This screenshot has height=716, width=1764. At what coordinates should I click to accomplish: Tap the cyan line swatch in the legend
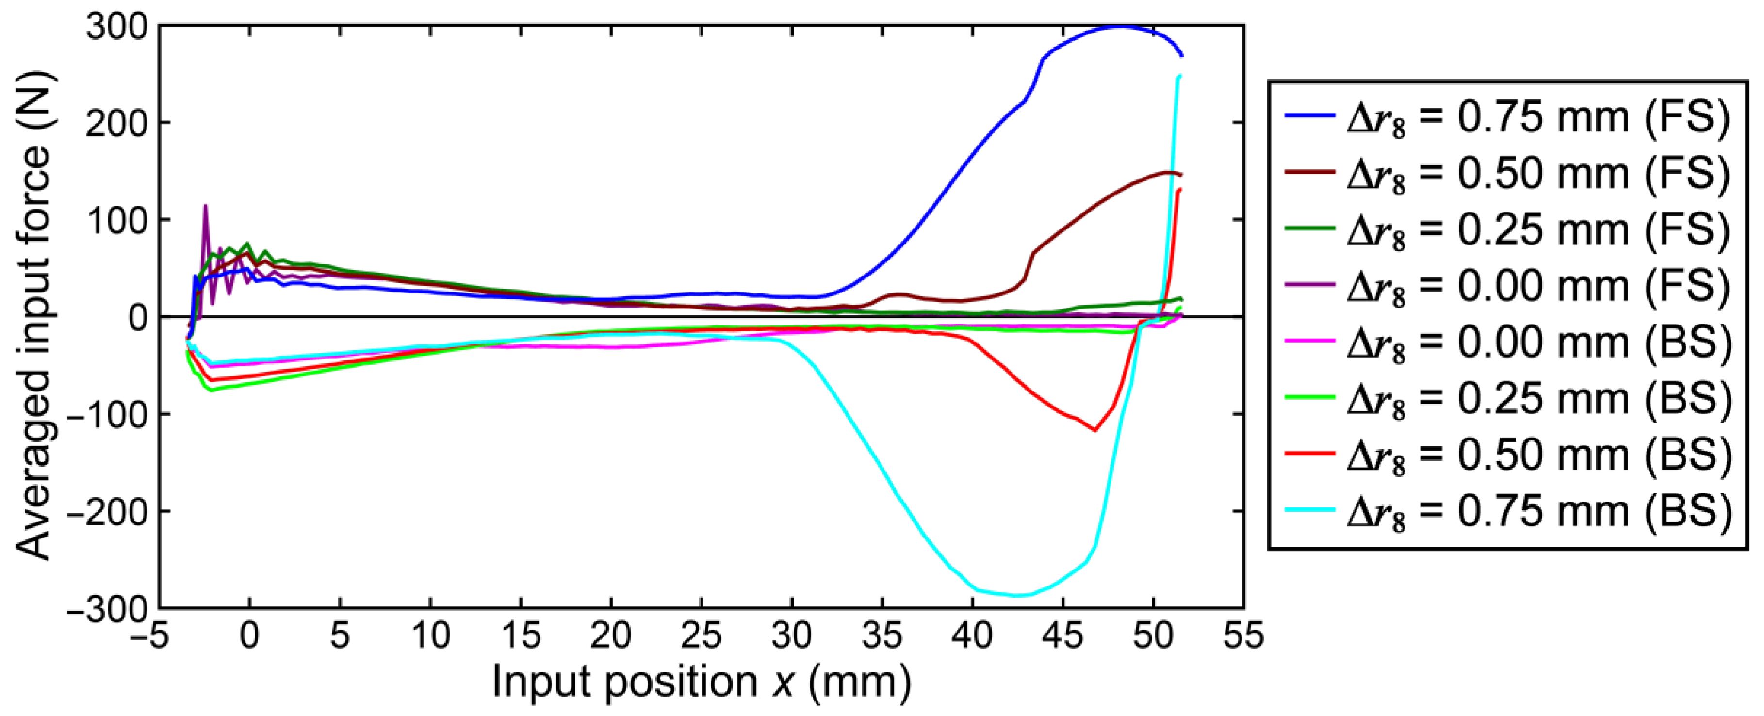pos(1309,511)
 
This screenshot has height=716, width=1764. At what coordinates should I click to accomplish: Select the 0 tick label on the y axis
pos(137,318)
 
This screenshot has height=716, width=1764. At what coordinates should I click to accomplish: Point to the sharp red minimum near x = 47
pos(1095,430)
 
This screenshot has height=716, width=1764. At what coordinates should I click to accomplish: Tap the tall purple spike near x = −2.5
pos(205,206)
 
